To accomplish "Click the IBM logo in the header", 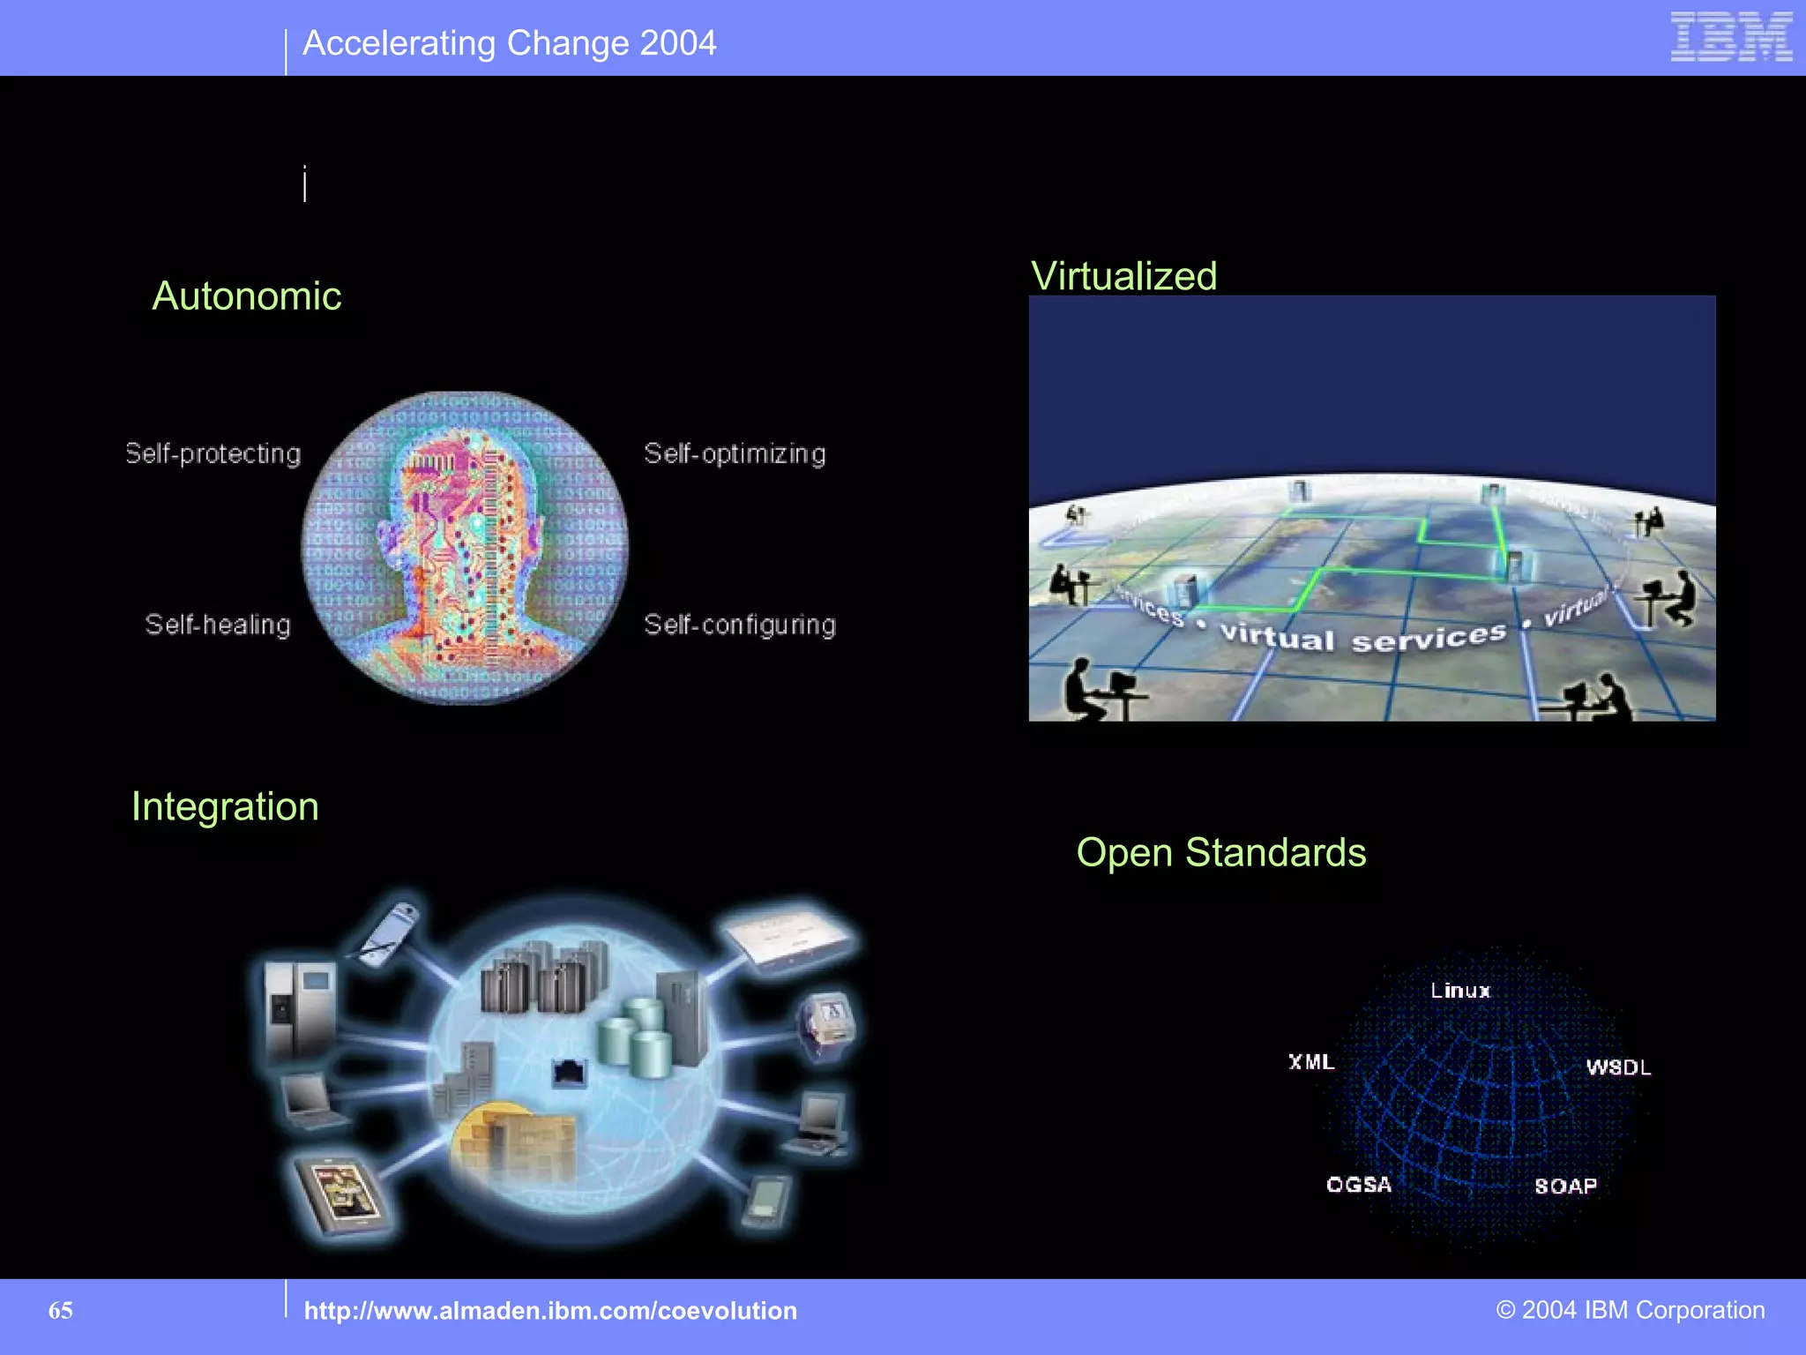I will tap(1730, 37).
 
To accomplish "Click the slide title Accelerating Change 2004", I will tap(509, 43).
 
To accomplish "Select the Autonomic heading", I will tap(246, 296).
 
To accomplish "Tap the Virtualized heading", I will tap(1123, 276).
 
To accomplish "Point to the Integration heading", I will tap(225, 806).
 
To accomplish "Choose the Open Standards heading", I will tap(1220, 852).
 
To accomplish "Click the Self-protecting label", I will tap(213, 453).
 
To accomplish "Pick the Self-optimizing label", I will tap(735, 453).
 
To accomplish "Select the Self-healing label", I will tap(217, 625).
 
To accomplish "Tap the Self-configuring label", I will tap(739, 625).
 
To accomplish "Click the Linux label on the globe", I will tap(1460, 991).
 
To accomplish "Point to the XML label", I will tap(1311, 1062).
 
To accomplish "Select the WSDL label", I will tap(1618, 1067).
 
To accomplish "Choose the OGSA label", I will tap(1359, 1184).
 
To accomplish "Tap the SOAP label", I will tap(1565, 1186).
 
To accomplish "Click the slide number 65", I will tap(61, 1310).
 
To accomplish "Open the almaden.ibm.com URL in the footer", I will tap(550, 1311).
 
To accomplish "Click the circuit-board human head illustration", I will tap(465, 547).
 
